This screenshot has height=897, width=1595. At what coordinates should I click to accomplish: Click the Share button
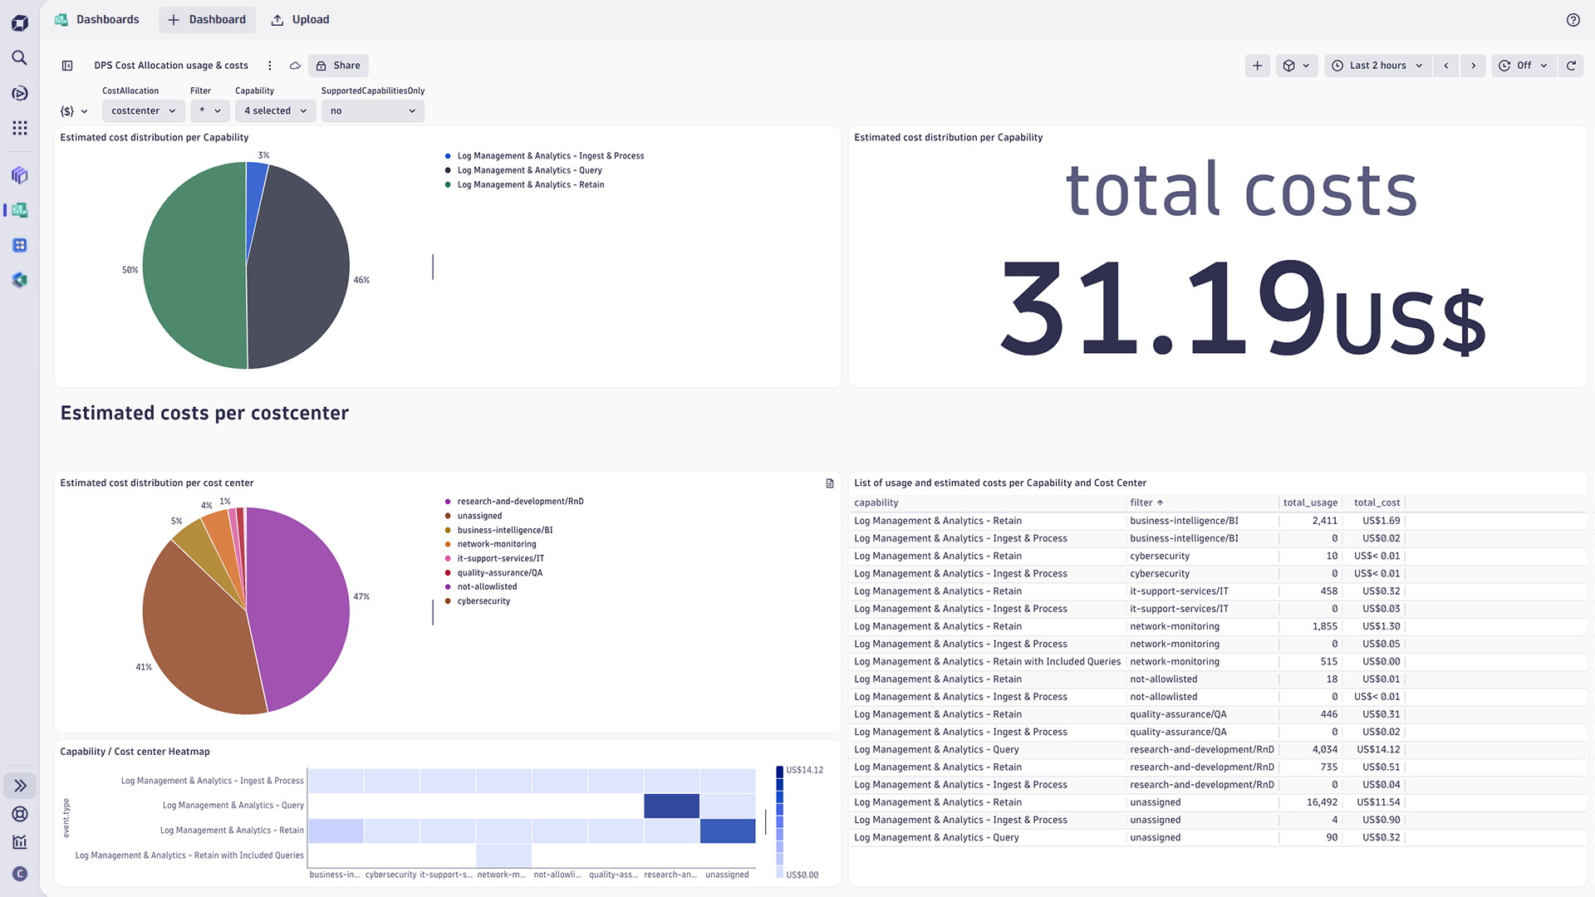point(338,66)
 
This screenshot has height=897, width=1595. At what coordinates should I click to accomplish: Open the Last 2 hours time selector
point(1377,66)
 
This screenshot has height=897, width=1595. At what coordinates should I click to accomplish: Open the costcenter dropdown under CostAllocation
point(143,110)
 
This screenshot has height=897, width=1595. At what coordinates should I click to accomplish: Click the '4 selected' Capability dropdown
point(275,110)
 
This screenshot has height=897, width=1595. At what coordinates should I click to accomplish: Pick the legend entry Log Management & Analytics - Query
point(528,170)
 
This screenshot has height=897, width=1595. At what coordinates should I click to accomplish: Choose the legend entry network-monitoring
point(496,544)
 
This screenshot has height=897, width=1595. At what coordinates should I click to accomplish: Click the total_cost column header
point(1377,502)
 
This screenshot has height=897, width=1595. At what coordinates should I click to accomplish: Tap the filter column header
point(1142,502)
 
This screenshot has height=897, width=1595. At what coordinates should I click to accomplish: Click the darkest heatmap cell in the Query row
point(671,806)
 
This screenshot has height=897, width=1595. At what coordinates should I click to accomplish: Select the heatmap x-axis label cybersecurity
point(390,875)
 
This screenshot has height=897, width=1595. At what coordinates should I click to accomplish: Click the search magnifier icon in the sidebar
point(20,57)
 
